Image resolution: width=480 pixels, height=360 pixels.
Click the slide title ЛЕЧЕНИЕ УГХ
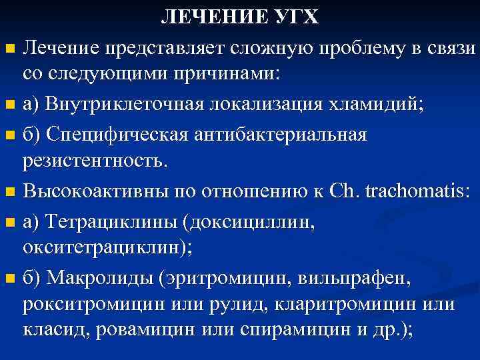(x=240, y=17)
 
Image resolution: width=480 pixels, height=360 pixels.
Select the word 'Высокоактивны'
(x=97, y=191)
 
